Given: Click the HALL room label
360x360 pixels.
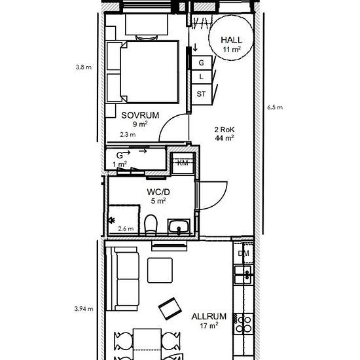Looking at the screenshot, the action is tap(232, 40).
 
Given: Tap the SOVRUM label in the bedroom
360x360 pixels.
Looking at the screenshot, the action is tap(140, 115).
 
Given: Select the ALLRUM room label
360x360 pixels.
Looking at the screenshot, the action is tap(209, 316).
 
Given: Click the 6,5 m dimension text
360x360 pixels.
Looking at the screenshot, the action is tap(275, 107).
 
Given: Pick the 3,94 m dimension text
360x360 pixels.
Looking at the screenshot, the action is tap(84, 309).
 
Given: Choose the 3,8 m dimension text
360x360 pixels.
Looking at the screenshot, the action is tap(84, 67).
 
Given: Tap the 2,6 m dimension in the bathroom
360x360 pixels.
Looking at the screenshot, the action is tap(126, 228).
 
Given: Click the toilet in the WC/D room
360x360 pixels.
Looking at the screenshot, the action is tap(151, 225).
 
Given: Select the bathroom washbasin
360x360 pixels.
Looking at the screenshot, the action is tap(179, 226).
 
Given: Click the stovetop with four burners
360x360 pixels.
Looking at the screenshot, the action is tap(243, 323).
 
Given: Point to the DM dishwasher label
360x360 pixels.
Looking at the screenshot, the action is tap(243, 253).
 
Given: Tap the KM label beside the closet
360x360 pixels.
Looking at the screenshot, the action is tap(183, 163).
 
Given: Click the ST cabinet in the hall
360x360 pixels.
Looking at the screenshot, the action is tap(202, 94).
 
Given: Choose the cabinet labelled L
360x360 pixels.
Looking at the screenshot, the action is tap(202, 77).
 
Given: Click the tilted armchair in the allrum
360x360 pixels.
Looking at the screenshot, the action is tap(170, 308).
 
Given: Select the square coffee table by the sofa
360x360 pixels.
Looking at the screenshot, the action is tap(160, 270).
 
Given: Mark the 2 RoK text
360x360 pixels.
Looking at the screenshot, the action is tap(225, 130).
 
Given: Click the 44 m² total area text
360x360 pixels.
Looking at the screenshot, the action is tap(225, 138).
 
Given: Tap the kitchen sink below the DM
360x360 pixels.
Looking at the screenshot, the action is tap(243, 274).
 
